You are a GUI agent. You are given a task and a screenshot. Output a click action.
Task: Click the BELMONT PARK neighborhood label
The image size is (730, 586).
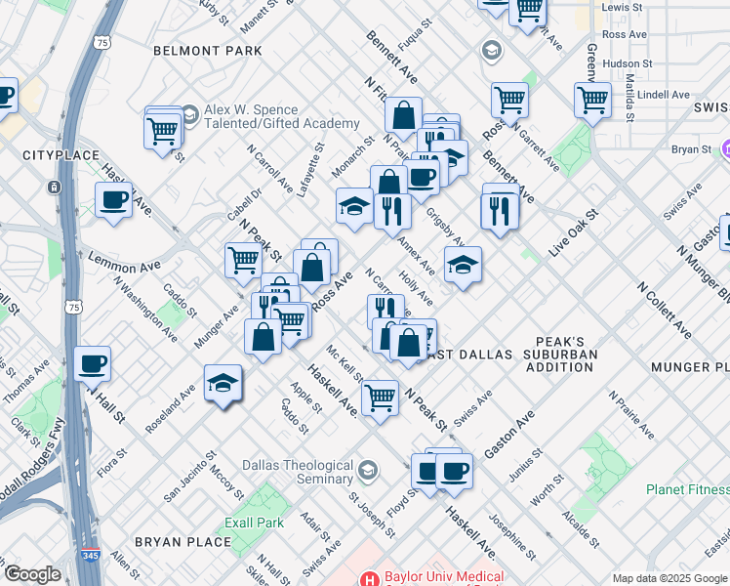pos(208,50)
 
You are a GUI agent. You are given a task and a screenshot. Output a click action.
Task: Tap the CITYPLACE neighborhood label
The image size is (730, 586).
pos(62,155)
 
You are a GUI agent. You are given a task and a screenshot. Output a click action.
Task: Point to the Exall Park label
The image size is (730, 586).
pos(254,523)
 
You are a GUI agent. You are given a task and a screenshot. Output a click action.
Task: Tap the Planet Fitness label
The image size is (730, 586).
pos(687,489)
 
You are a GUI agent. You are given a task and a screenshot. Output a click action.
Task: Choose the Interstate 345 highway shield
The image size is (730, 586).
pos(86,555)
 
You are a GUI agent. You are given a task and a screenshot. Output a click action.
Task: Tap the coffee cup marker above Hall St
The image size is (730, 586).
pos(92,364)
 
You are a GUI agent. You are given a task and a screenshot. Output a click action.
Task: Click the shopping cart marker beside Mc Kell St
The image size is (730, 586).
pos(380,397)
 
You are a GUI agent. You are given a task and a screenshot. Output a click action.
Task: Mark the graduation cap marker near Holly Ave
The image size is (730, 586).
pos(463,264)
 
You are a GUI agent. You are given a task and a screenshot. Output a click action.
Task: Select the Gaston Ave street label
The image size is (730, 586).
pos(509,435)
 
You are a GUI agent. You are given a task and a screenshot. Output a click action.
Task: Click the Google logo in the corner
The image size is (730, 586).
pos(32,574)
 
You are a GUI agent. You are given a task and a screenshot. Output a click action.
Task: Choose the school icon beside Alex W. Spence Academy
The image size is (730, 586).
pos(189,116)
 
